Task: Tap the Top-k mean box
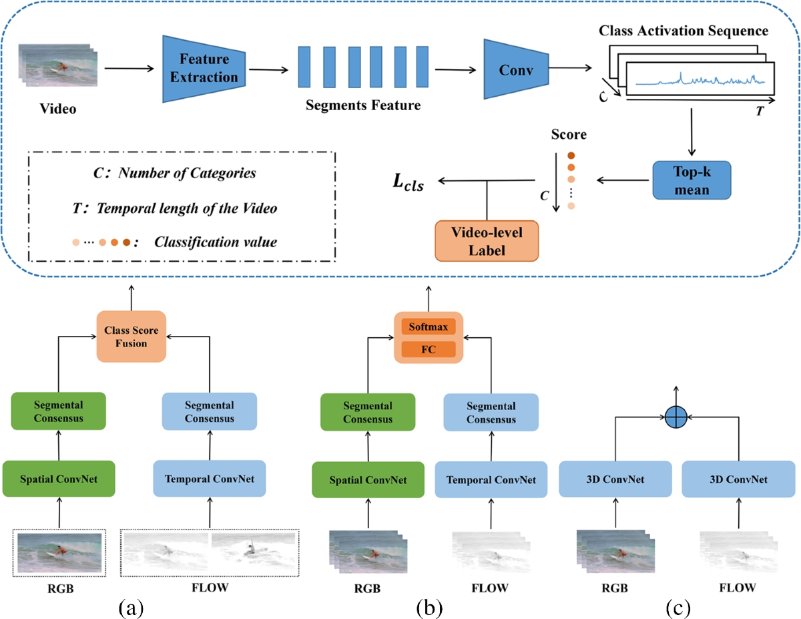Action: point(692,180)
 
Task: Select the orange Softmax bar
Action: point(428,327)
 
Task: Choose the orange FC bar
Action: point(428,349)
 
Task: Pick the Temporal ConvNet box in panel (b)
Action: point(491,479)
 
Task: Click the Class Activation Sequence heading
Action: point(684,31)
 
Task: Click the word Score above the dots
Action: point(568,135)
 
